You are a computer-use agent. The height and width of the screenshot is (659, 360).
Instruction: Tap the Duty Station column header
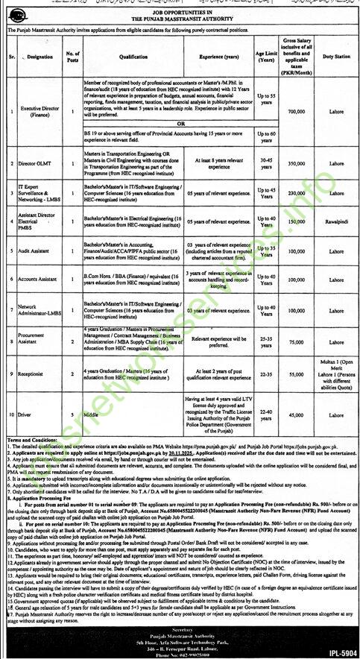(x=334, y=56)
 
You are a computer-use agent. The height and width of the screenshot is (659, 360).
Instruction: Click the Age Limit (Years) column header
(x=265, y=56)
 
